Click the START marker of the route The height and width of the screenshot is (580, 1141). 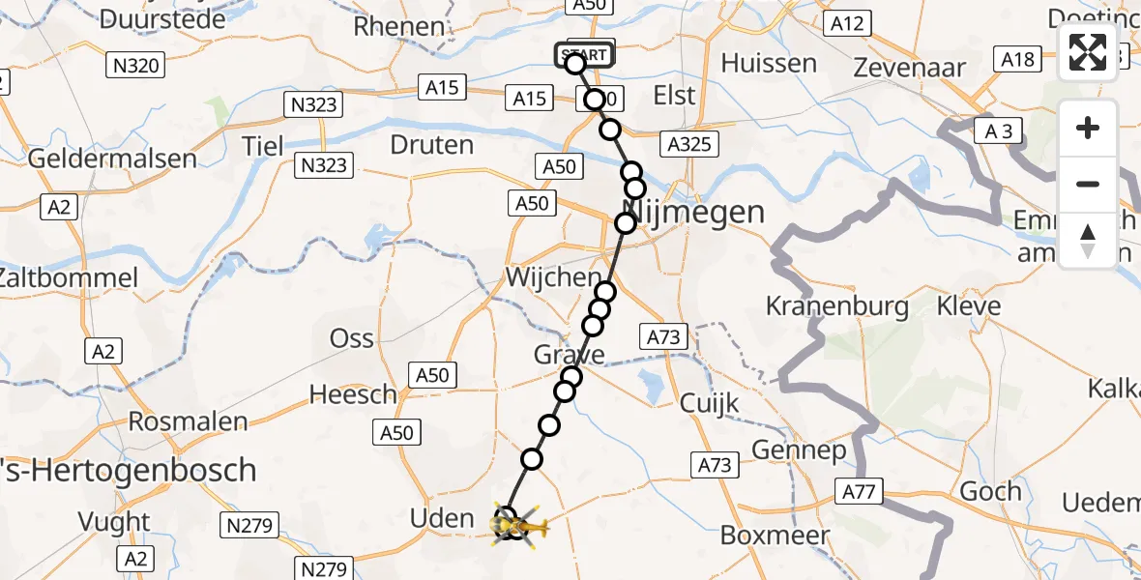tap(584, 55)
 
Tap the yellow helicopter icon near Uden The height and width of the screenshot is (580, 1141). tap(523, 526)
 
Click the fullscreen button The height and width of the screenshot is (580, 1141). tap(1088, 52)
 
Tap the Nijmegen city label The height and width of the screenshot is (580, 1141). tap(696, 212)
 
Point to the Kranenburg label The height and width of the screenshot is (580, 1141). tap(837, 306)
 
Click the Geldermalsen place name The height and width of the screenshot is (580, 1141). tap(112, 159)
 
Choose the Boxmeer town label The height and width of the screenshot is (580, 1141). tap(775, 536)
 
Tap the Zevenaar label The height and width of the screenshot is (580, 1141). tap(911, 68)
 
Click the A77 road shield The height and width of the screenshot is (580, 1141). tap(858, 493)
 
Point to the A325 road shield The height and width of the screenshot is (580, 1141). tap(689, 145)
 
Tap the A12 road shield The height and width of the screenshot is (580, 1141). tap(847, 23)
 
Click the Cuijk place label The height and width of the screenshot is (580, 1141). tap(710, 403)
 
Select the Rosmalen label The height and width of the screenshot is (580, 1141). tap(189, 422)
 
